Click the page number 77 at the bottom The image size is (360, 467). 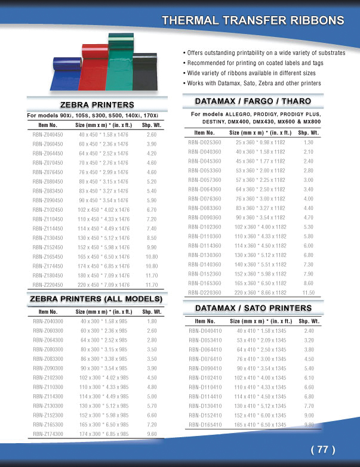coord(323,450)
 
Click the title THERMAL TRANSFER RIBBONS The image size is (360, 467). coord(253,20)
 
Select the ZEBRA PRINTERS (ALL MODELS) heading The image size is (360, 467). coord(96,298)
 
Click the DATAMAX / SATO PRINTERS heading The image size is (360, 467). coord(254,308)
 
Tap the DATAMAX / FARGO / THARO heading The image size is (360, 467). coord(254,100)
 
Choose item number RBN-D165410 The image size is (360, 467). coord(205,424)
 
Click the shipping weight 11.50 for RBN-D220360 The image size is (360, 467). coord(309,293)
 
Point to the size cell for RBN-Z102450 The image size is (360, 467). coord(104,210)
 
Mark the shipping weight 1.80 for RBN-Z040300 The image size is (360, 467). coord(152,321)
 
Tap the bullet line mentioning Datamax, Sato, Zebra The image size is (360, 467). coord(254,83)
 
